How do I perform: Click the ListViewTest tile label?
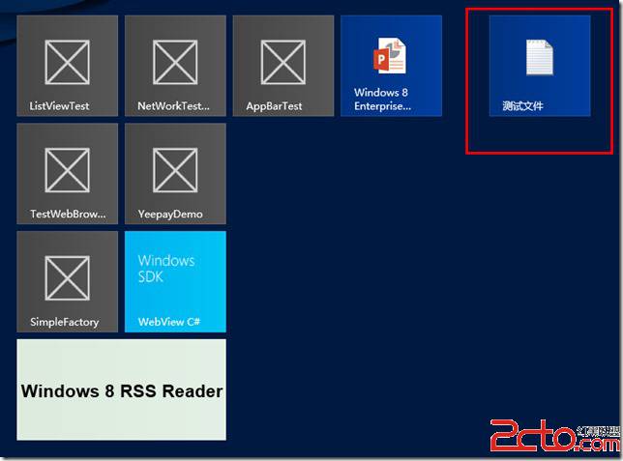[59, 106]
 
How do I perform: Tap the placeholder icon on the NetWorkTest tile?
[175, 63]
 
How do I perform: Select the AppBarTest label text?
[274, 106]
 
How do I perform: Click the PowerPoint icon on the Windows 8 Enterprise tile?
[390, 56]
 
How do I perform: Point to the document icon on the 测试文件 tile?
[540, 57]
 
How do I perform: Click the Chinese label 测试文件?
[522, 106]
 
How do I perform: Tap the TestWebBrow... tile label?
[68, 214]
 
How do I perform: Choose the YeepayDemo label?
[170, 215]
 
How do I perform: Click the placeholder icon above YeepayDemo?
[175, 170]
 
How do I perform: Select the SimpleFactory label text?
[65, 322]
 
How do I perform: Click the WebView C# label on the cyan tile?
[169, 322]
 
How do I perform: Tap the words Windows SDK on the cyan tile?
[166, 269]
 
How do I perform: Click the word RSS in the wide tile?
[138, 391]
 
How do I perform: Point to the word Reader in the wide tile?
[193, 391]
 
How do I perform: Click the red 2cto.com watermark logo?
[554, 436]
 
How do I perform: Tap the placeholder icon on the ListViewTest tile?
[67, 63]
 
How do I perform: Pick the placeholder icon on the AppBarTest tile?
[283, 63]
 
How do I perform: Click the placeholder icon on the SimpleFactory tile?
[67, 278]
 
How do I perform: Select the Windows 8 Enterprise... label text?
[382, 100]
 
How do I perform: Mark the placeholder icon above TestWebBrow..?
[67, 170]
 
